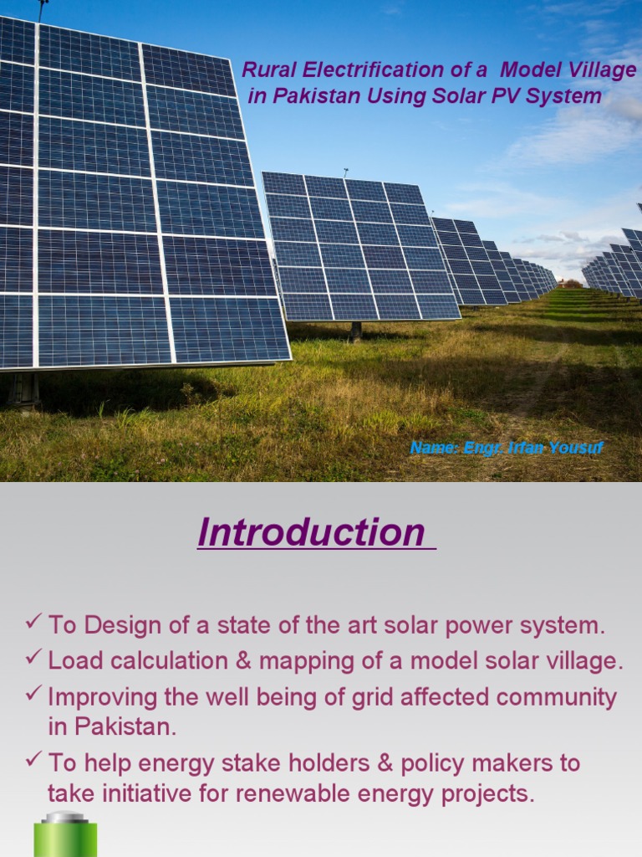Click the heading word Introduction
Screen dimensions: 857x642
pos(311,533)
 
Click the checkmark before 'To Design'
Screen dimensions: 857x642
pos(33,622)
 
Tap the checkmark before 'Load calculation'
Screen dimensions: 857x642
pos(33,658)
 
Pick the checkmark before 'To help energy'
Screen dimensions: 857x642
pos(33,760)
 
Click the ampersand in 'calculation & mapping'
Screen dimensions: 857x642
pos(243,661)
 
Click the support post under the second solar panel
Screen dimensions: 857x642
pos(356,330)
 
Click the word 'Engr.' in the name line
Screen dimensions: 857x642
pos(482,448)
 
